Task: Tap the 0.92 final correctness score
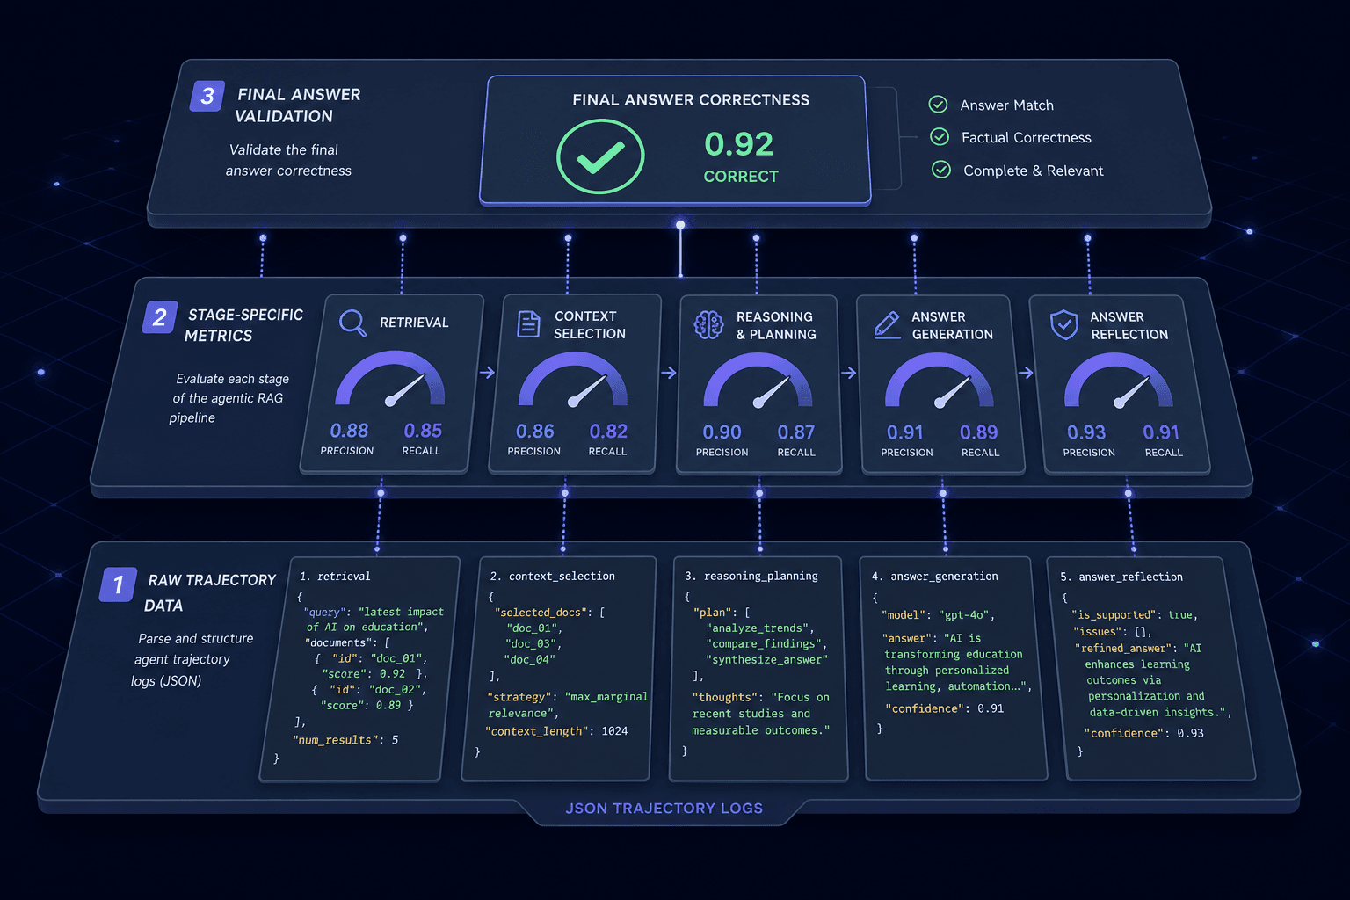pyautogui.click(x=739, y=144)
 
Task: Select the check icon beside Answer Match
pyautogui.click(x=938, y=105)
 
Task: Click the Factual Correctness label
pyautogui.click(x=1027, y=137)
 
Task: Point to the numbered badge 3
pyautogui.click(x=207, y=96)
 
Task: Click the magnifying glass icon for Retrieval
pyautogui.click(x=352, y=323)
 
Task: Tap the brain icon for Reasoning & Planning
pyautogui.click(x=708, y=325)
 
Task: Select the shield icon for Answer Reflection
pyautogui.click(x=1064, y=325)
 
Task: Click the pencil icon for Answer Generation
pyautogui.click(x=887, y=325)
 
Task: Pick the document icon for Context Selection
pyautogui.click(x=528, y=323)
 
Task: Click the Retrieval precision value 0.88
pyautogui.click(x=349, y=431)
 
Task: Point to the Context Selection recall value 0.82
pyautogui.click(x=608, y=431)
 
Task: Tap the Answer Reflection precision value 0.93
pyautogui.click(x=1086, y=432)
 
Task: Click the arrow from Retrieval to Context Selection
pyautogui.click(x=488, y=373)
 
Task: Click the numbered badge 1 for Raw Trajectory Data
pyautogui.click(x=118, y=584)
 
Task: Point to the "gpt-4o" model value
pyautogui.click(x=963, y=615)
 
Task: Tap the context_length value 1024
pyautogui.click(x=614, y=731)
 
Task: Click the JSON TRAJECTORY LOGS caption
pyautogui.click(x=664, y=809)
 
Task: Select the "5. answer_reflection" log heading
pyautogui.click(x=1121, y=577)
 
